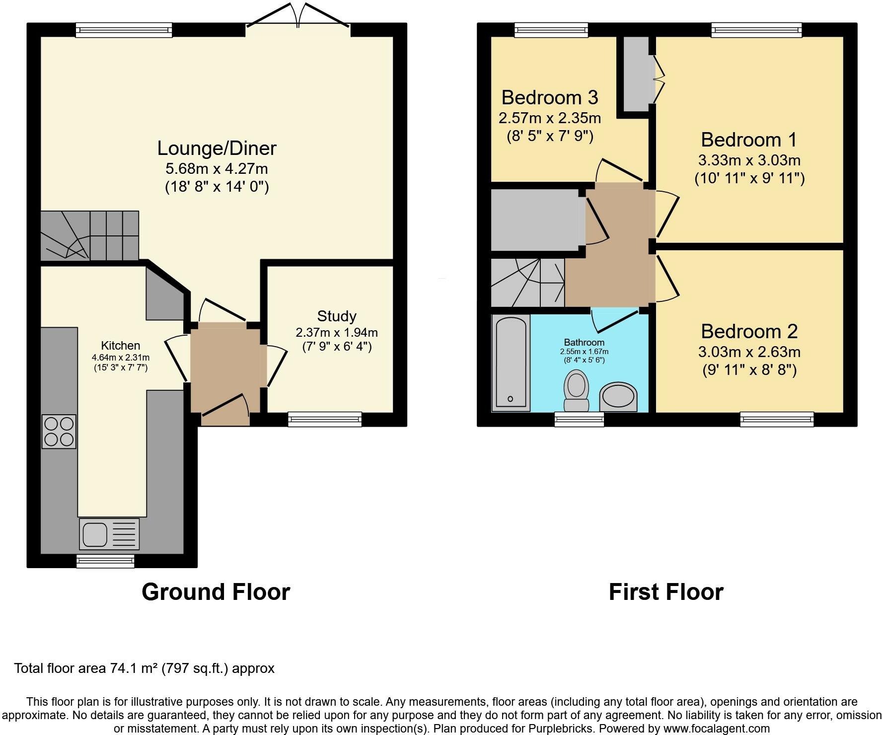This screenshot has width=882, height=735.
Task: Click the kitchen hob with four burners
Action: tap(59, 431)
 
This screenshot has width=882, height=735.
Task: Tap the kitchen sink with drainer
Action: tap(109, 534)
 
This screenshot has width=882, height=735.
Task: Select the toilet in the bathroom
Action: tap(576, 392)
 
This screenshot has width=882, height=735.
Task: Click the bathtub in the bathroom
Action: tap(511, 363)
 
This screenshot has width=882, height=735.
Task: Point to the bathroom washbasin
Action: tap(618, 397)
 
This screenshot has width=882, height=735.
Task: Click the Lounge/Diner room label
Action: tap(217, 148)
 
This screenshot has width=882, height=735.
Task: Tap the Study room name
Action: tap(337, 316)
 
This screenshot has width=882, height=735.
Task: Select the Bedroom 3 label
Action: tap(549, 97)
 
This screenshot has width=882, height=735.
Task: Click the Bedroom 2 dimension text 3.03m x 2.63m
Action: tap(749, 352)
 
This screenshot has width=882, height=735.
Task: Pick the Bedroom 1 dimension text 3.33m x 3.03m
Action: tap(749, 160)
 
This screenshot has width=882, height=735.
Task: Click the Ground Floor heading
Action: tap(216, 592)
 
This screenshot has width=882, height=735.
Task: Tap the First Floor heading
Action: tap(665, 592)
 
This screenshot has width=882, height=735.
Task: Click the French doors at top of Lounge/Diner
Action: tap(298, 20)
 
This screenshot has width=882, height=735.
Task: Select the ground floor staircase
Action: tap(89, 235)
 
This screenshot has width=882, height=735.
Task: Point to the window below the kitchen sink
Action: tap(105, 561)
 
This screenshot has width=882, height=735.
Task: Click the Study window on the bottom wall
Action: tap(325, 420)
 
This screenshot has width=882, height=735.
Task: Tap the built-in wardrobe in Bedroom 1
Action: tap(635, 74)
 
